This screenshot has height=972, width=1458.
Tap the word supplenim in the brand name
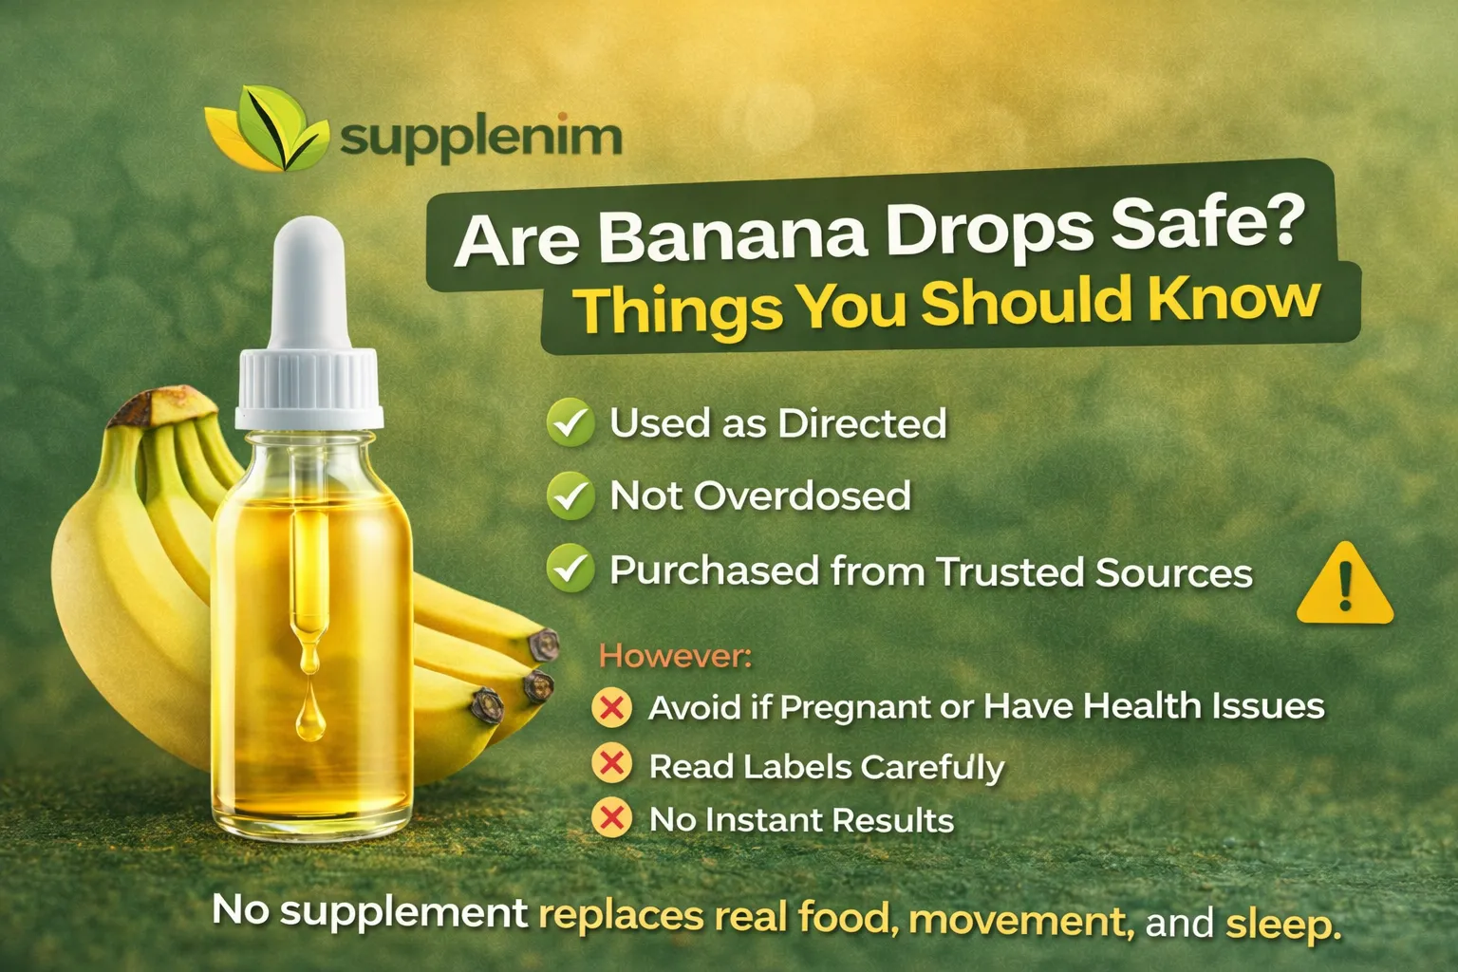[480, 137]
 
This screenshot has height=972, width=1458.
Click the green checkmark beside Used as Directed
[570, 423]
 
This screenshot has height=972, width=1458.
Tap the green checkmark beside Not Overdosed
[570, 495]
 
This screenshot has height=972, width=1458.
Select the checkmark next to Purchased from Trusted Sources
[570, 569]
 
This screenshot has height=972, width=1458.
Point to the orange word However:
[675, 656]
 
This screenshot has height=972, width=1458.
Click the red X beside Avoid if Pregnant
[612, 707]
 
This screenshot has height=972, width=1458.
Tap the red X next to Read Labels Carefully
[612, 764]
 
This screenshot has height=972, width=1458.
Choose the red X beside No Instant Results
[612, 818]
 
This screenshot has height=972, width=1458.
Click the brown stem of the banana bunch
[151, 405]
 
